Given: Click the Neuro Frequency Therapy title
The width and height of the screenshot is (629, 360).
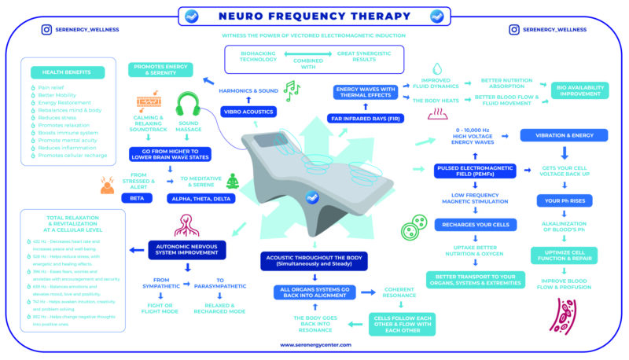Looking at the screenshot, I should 314,16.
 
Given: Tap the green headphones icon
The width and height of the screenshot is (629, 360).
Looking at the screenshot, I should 187,105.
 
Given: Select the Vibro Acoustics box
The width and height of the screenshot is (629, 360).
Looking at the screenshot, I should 248,112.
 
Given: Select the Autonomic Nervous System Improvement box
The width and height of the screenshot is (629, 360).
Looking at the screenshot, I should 186,250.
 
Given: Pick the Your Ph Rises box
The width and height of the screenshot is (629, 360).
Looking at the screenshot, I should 564,201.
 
